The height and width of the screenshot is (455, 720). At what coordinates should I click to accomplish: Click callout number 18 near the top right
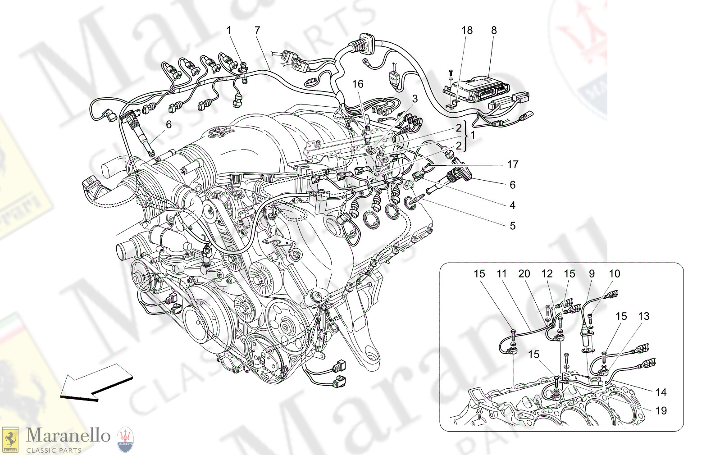coord(467,31)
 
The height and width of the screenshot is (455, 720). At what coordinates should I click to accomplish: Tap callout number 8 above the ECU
coord(494,31)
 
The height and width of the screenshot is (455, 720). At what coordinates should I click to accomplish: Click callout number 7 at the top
coord(257,31)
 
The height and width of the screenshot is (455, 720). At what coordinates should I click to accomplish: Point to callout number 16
coord(357,84)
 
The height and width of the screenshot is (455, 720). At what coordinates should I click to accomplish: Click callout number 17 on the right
coord(512,165)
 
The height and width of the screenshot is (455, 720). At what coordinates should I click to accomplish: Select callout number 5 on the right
coord(512,226)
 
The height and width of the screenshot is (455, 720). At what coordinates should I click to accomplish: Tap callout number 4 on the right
coord(512,205)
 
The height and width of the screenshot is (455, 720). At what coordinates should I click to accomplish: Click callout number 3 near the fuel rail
coord(415,99)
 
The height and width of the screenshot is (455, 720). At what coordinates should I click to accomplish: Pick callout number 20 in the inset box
coord(524,274)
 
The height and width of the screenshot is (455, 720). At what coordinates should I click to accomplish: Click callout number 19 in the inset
coord(661,411)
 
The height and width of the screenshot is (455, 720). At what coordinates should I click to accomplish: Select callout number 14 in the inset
coord(661,393)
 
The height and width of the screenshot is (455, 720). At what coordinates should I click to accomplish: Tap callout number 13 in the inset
coord(644,317)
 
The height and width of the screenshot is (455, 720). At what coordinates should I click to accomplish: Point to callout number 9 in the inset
coord(592,274)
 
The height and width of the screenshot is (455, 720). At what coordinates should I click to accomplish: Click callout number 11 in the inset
coord(501,274)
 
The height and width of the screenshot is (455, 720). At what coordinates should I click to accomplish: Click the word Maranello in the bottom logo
coord(68,436)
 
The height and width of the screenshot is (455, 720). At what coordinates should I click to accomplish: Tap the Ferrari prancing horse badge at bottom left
coord(10,439)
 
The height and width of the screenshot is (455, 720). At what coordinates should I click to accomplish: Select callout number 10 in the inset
coord(614,274)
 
